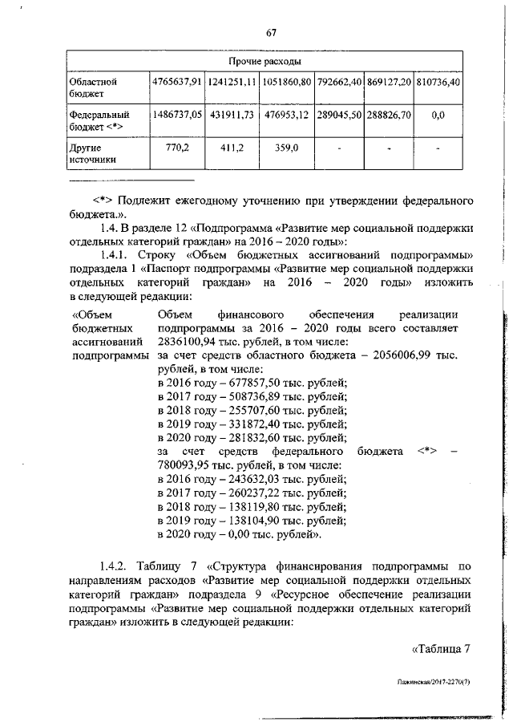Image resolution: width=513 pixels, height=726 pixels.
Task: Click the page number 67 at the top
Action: pyautogui.click(x=271, y=32)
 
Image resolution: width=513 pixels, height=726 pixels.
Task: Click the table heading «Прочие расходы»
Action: pyautogui.click(x=265, y=61)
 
